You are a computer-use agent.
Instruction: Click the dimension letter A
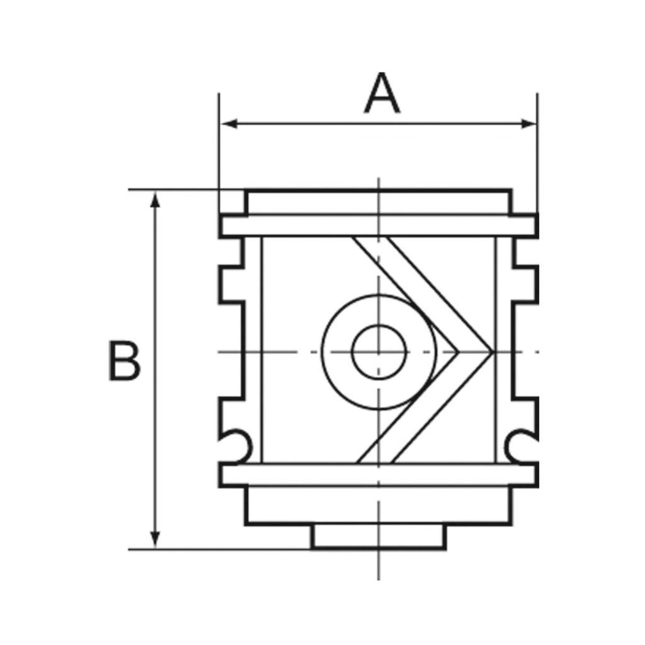pos(382,94)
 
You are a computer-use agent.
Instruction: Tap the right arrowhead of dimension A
pos(529,124)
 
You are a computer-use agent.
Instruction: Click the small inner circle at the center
pos(378,351)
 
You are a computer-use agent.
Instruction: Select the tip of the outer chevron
pos(490,350)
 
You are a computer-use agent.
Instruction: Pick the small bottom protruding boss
pos(379,537)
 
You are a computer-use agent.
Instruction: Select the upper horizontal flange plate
pos(379,226)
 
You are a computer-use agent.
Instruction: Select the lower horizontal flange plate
pos(379,475)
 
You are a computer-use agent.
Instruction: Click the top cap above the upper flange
pos(379,202)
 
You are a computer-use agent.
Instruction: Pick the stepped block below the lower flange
pos(379,505)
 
